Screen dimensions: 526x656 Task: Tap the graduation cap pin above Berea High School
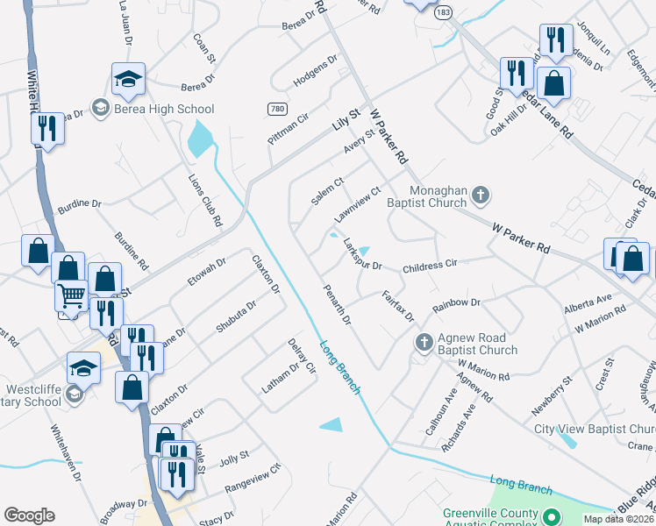click(128, 79)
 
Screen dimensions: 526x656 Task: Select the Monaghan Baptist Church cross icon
click(479, 194)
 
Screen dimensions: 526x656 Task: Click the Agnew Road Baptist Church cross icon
click(424, 341)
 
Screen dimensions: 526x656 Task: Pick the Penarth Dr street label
click(337, 304)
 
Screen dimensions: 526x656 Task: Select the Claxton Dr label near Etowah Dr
click(265, 273)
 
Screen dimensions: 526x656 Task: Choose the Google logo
click(30, 515)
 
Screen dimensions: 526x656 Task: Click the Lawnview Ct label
click(358, 204)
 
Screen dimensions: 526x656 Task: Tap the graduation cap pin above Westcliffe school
click(83, 366)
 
